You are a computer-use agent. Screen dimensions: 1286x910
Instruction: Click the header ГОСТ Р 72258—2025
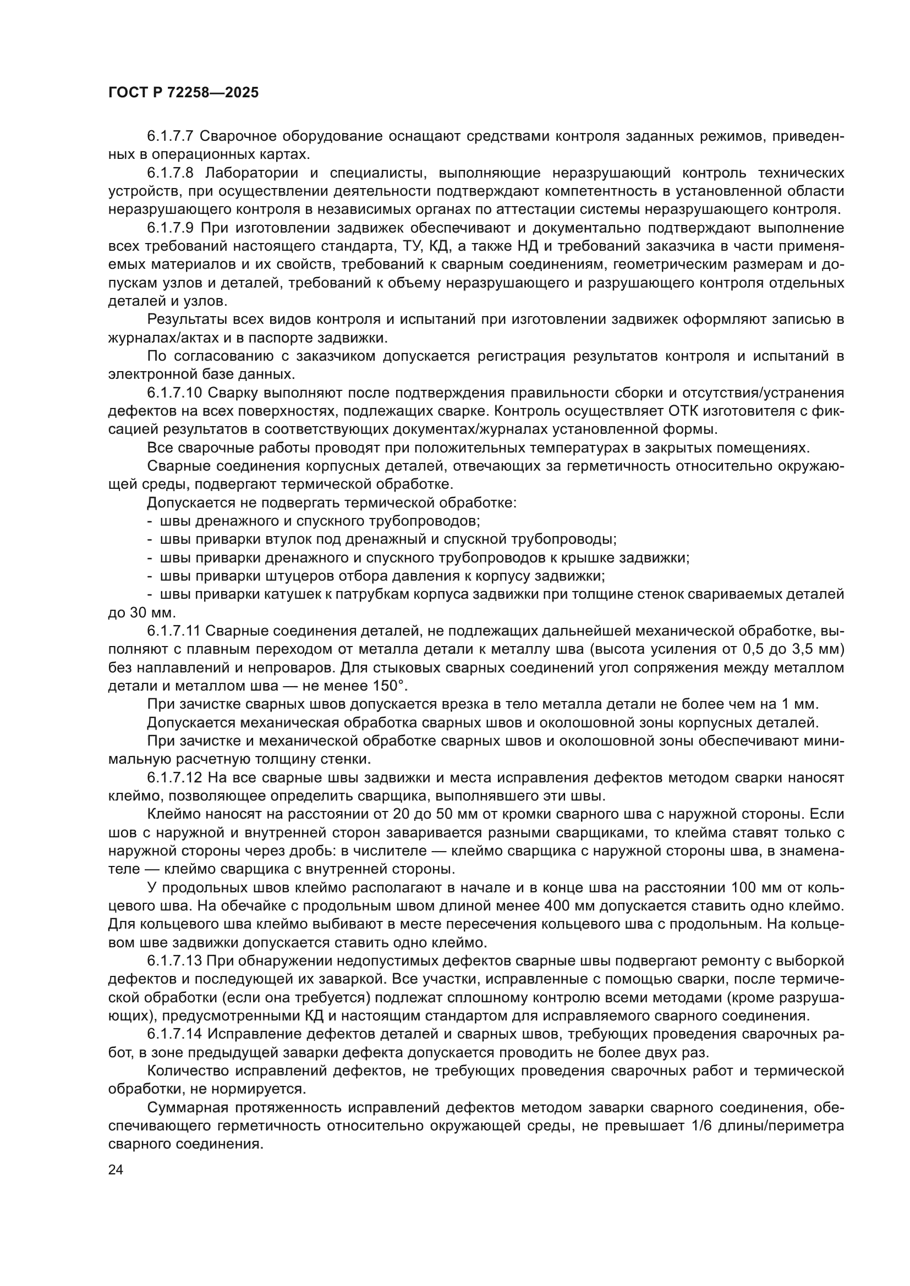click(183, 93)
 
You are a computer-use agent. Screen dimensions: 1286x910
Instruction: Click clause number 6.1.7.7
click(171, 136)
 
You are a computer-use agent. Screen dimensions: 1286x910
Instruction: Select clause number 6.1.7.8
click(171, 173)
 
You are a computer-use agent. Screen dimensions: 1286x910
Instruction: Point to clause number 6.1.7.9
click(171, 228)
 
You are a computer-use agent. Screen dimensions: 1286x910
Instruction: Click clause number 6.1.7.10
click(174, 393)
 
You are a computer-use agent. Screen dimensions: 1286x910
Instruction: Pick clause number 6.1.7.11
click(174, 631)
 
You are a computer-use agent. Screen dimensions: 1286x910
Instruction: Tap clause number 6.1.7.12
click(174, 778)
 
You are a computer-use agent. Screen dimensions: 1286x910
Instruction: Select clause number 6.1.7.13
click(174, 961)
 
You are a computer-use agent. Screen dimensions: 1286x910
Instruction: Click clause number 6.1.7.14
click(174, 1035)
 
